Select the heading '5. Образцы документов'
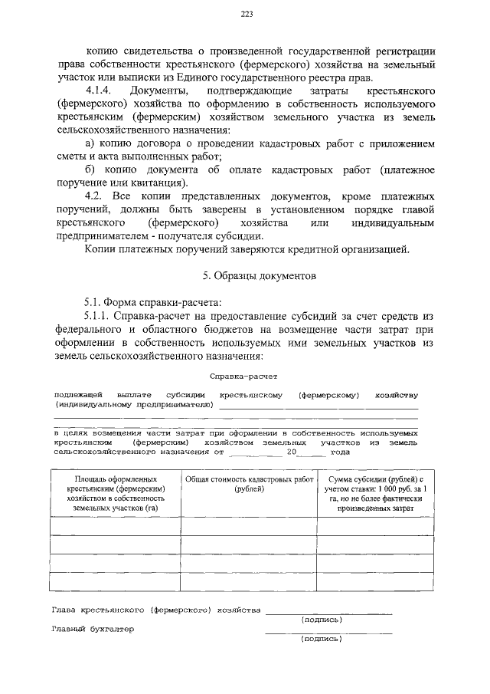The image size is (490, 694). (244, 275)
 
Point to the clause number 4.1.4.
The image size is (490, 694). (101, 92)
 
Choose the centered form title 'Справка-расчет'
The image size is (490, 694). (244, 377)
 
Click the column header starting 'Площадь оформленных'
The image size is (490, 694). (116, 493)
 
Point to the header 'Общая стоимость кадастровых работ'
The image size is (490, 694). (249, 484)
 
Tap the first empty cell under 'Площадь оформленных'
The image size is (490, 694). (116, 525)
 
